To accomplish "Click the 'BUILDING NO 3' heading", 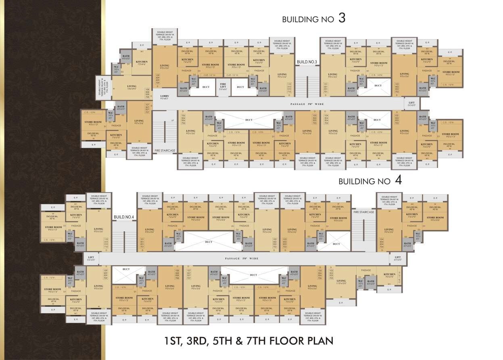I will (313, 19).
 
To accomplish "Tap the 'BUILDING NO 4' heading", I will (369, 181).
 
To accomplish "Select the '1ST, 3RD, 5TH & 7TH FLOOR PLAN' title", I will (248, 341).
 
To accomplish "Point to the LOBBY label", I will (164, 97).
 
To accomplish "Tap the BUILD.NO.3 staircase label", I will (307, 62).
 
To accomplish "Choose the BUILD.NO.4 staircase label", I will (123, 217).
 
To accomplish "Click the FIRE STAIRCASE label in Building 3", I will (165, 151).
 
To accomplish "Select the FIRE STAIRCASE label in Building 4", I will (363, 211).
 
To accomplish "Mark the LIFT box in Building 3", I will (411, 104).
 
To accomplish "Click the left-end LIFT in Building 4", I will (90, 258).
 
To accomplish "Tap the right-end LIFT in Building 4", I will (398, 258).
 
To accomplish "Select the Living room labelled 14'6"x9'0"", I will (131, 88).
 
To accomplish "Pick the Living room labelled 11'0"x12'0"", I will (341, 282).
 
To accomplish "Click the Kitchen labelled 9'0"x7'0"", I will (389, 275).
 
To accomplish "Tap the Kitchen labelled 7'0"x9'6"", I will (142, 63).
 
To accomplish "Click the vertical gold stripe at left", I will (103, 180).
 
